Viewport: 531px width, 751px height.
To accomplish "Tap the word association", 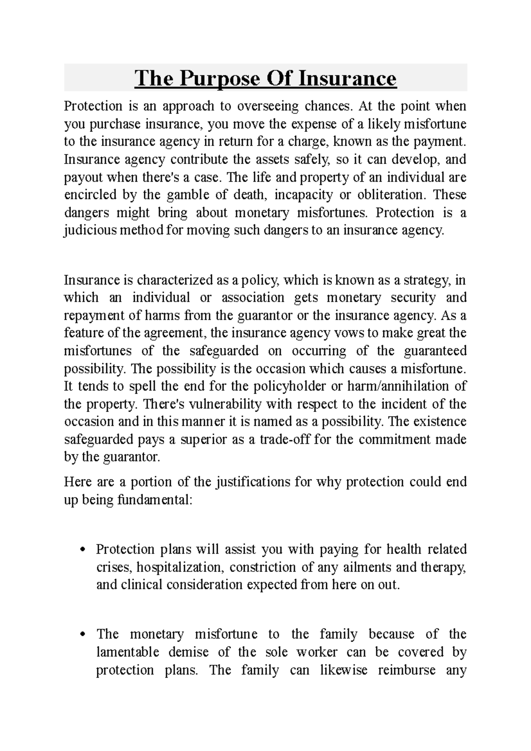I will click(x=253, y=298).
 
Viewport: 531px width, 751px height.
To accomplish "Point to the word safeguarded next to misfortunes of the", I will click(x=224, y=351).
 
